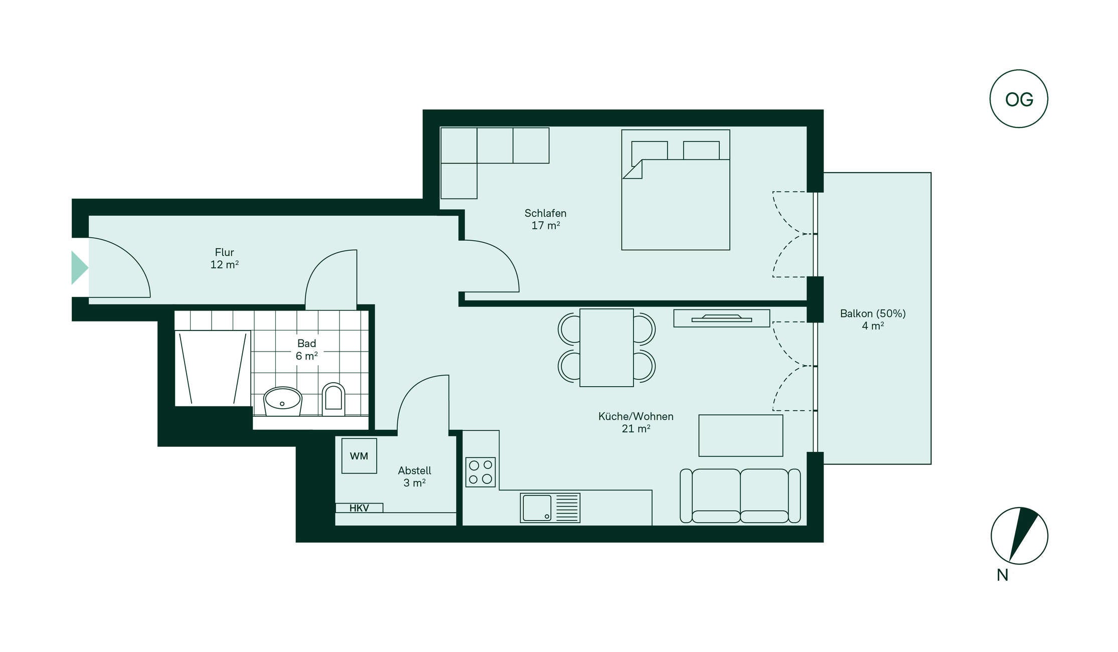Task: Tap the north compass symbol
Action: pyautogui.click(x=1019, y=536)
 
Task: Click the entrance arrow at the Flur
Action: pyautogui.click(x=79, y=268)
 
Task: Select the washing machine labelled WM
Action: pyautogui.click(x=359, y=456)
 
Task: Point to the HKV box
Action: pyautogui.click(x=359, y=508)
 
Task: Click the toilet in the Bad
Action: pyautogui.click(x=333, y=400)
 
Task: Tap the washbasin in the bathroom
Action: pyautogui.click(x=282, y=401)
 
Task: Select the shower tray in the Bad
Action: pyautogui.click(x=213, y=368)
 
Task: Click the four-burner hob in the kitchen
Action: pyautogui.click(x=481, y=472)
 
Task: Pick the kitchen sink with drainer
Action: pyautogui.click(x=550, y=508)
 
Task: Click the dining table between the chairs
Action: pyautogui.click(x=606, y=348)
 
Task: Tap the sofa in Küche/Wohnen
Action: pyautogui.click(x=740, y=496)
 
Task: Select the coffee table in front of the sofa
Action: pyautogui.click(x=741, y=435)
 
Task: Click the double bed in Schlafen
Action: pyautogui.click(x=676, y=190)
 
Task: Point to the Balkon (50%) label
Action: pyautogui.click(x=873, y=313)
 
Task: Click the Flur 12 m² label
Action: pyautogui.click(x=224, y=258)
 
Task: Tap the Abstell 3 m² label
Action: pyautogui.click(x=414, y=476)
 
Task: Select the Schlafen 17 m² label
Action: pyautogui.click(x=545, y=219)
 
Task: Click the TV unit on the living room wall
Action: pyautogui.click(x=721, y=318)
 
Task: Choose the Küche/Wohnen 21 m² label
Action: pyautogui.click(x=635, y=422)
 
